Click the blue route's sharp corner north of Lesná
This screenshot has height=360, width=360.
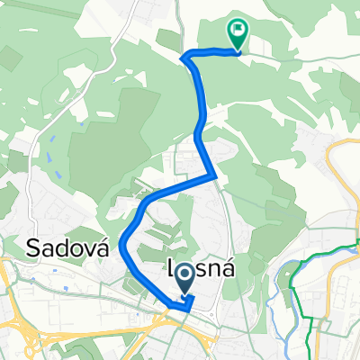212,175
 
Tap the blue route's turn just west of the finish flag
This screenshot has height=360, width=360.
186,58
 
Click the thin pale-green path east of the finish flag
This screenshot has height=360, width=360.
297,58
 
